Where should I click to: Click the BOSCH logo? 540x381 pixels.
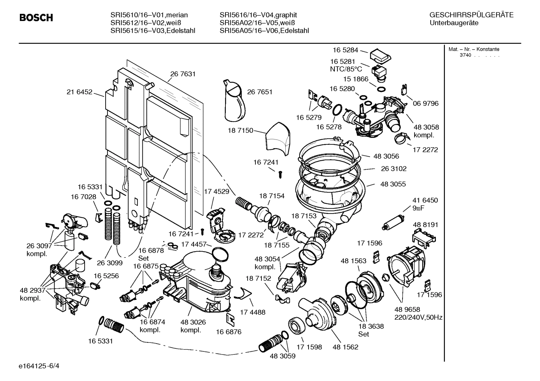pos(36,18)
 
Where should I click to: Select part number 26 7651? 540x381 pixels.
pos(260,92)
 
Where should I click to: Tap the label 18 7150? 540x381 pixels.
pos(240,130)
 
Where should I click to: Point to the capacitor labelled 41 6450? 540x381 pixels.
pos(392,222)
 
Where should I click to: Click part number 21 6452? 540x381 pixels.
pos(79,92)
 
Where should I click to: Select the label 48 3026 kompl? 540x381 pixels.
pos(193,326)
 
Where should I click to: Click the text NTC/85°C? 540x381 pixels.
pos(346,69)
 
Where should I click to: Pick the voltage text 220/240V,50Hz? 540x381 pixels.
pos(418,317)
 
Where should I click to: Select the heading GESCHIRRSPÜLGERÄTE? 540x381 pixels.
pos(471,15)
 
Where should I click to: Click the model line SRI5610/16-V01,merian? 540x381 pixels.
pos(149,15)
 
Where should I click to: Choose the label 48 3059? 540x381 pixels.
pos(282,356)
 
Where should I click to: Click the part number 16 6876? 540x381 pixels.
pos(228,332)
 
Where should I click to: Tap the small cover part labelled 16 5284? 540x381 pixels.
pos(380,56)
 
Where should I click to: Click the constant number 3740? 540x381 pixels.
pos(465,55)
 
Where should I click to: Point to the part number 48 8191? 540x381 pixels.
pos(425,225)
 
